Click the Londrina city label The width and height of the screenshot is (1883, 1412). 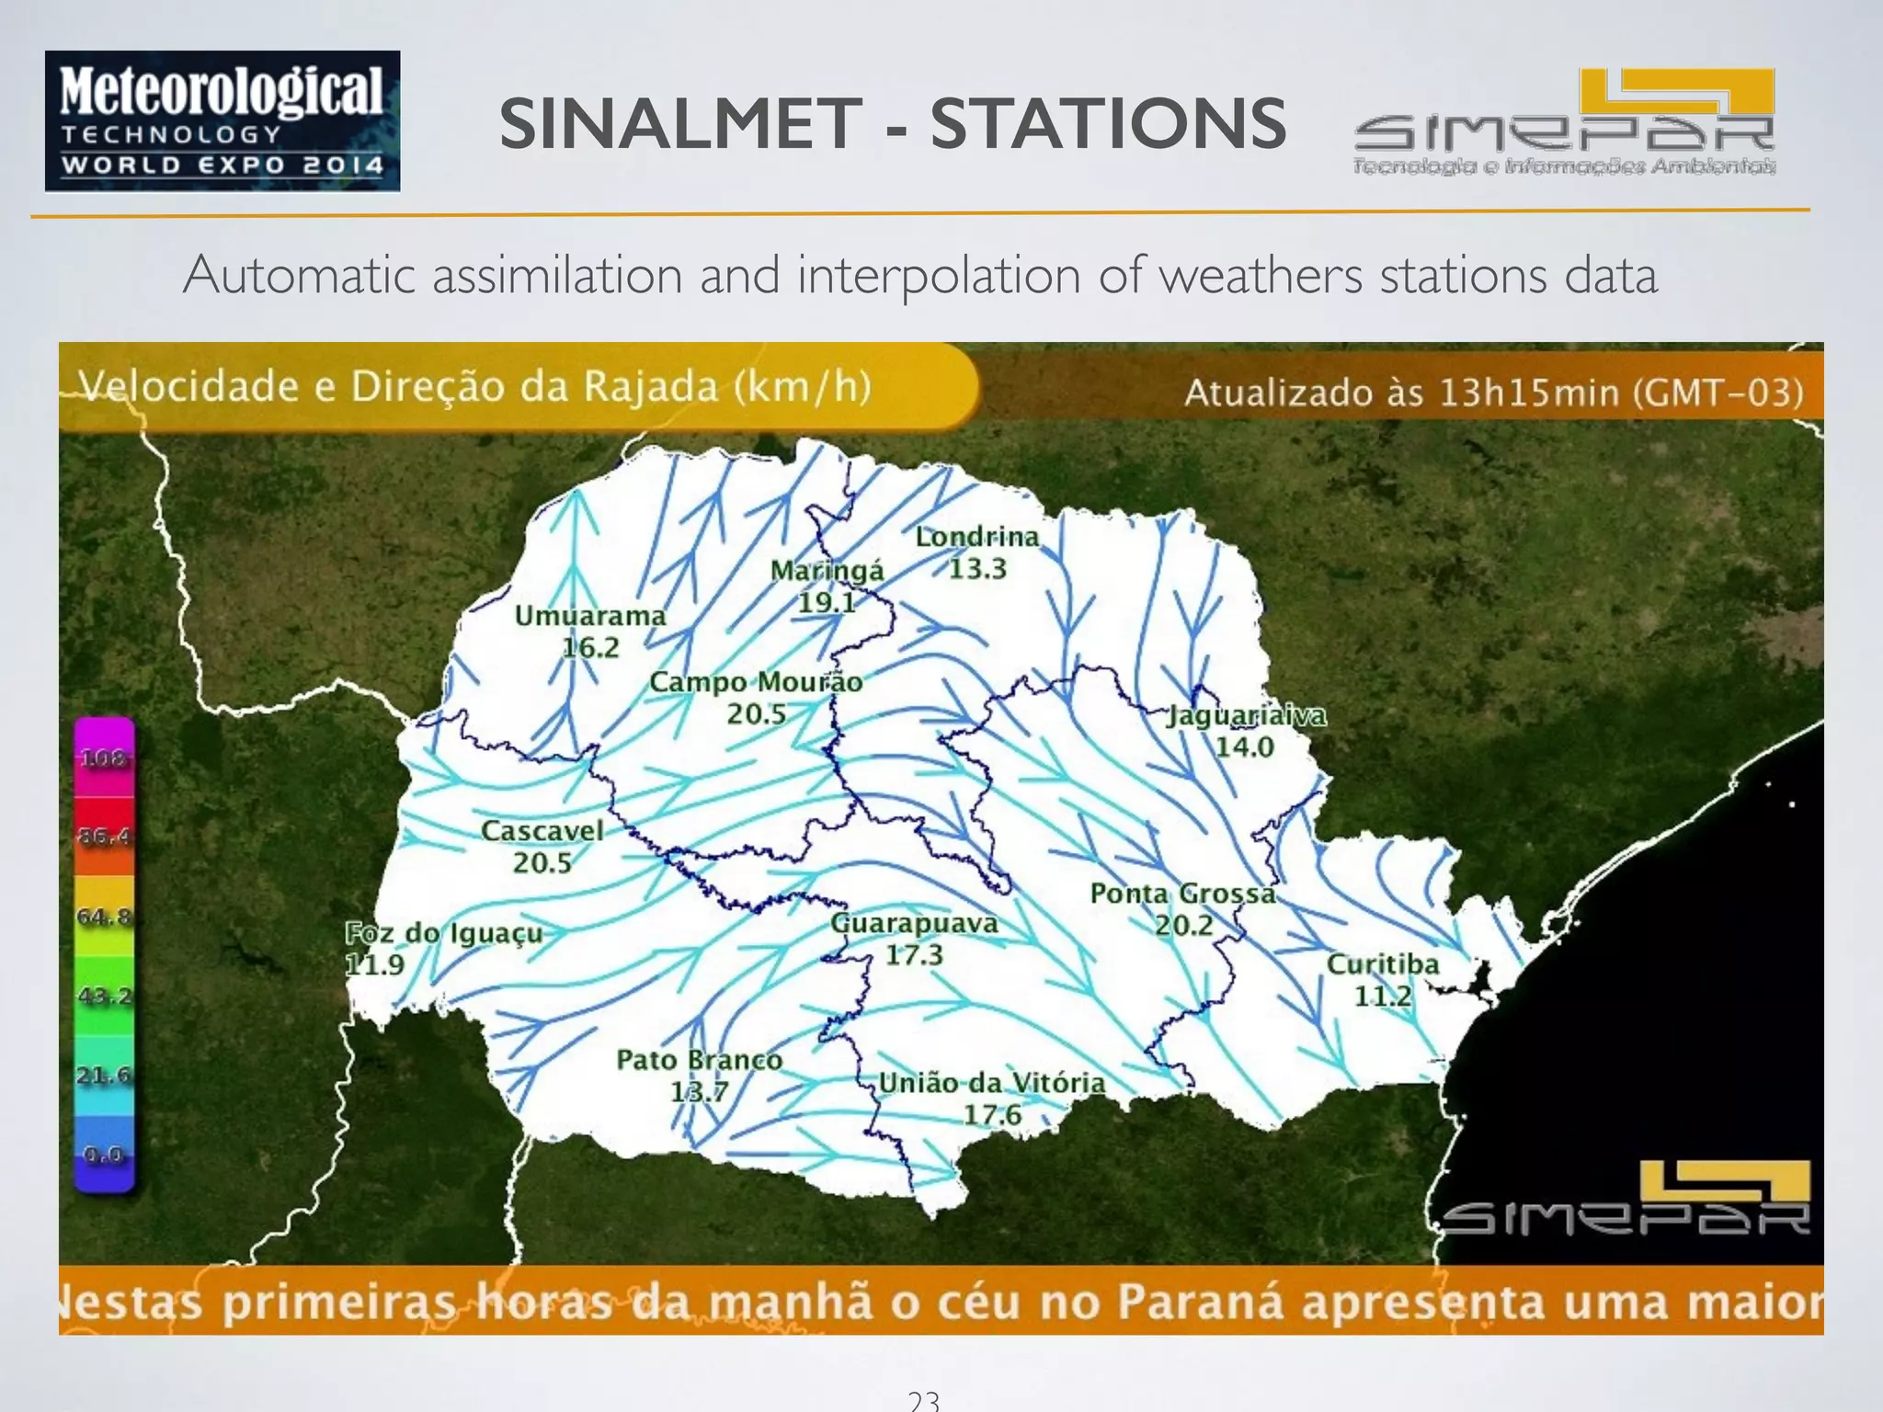click(x=976, y=537)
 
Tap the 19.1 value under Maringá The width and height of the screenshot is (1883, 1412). click(x=827, y=602)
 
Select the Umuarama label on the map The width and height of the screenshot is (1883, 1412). click(x=589, y=616)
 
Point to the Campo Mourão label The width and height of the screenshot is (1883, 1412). click(x=756, y=682)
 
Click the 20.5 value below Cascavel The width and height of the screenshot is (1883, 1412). click(x=542, y=862)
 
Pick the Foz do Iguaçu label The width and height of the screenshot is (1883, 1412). click(x=443, y=933)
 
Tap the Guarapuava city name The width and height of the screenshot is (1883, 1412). click(x=914, y=923)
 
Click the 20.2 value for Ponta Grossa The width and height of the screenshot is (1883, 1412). click(x=1183, y=925)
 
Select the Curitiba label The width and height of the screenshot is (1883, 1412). click(x=1382, y=964)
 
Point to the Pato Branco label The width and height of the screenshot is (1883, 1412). click(x=699, y=1060)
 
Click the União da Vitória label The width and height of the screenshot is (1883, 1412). click(x=991, y=1083)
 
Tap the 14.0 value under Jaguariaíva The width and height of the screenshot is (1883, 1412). click(x=1245, y=746)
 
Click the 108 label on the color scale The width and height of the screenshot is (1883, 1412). click(x=102, y=758)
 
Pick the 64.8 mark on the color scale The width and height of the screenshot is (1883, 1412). click(x=103, y=917)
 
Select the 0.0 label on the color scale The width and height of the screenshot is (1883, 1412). click(x=103, y=1155)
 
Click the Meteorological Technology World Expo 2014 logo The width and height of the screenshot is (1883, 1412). click(x=223, y=121)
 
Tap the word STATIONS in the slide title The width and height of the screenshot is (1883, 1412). click(x=1107, y=124)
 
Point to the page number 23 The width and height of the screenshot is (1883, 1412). click(x=923, y=1400)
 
